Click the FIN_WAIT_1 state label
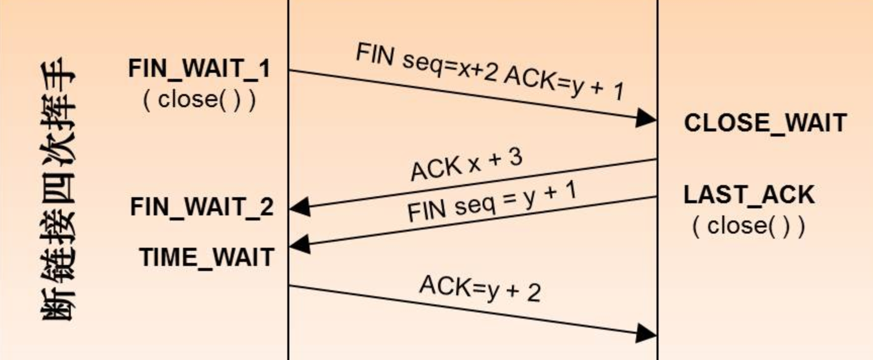[199, 69]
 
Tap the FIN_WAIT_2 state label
[201, 207]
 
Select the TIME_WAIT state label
[206, 257]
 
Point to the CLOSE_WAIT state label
[765, 123]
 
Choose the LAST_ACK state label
[749, 195]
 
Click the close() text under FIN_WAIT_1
[199, 99]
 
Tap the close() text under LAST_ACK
[749, 225]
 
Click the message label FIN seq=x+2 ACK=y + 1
[490, 71]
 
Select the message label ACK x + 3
[466, 165]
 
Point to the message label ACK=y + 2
[479, 288]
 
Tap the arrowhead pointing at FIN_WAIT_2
[300, 207]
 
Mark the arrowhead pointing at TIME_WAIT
[300, 245]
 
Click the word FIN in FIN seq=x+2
[374, 54]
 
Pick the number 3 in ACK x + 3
[515, 157]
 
